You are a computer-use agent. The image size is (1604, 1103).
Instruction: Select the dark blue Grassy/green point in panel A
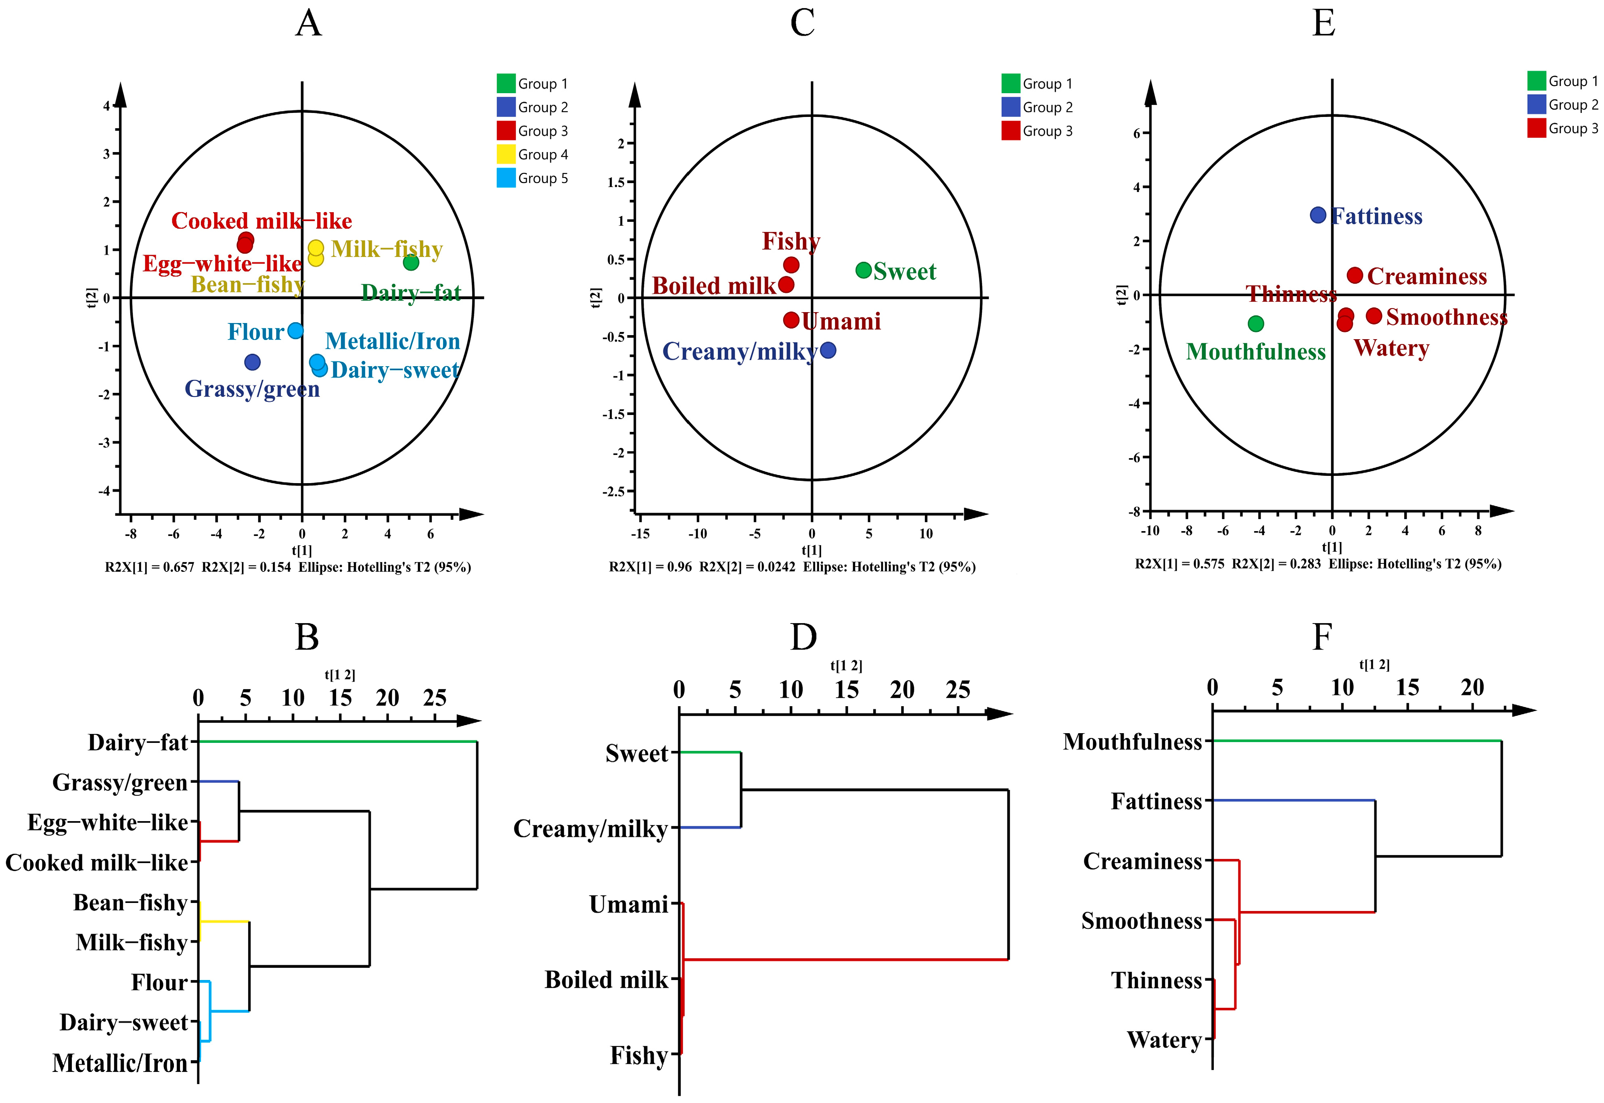pyautogui.click(x=252, y=361)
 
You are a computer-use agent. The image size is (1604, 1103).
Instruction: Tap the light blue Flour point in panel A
pyautogui.click(x=295, y=330)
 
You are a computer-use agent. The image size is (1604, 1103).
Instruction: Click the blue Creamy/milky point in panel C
pyautogui.click(x=828, y=350)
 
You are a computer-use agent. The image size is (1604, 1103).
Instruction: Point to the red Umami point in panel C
pyautogui.click(x=791, y=320)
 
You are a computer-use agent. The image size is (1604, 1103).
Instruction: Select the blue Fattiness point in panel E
pyautogui.click(x=1318, y=215)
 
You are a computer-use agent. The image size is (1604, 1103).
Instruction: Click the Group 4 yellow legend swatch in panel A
pyautogui.click(x=506, y=154)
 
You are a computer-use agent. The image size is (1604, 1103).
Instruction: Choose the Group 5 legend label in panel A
pyautogui.click(x=543, y=178)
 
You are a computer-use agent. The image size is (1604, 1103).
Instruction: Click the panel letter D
pyautogui.click(x=803, y=637)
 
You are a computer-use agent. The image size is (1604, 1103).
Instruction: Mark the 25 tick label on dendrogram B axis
pyautogui.click(x=434, y=698)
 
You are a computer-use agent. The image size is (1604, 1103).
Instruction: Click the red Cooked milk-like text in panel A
pyautogui.click(x=261, y=221)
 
